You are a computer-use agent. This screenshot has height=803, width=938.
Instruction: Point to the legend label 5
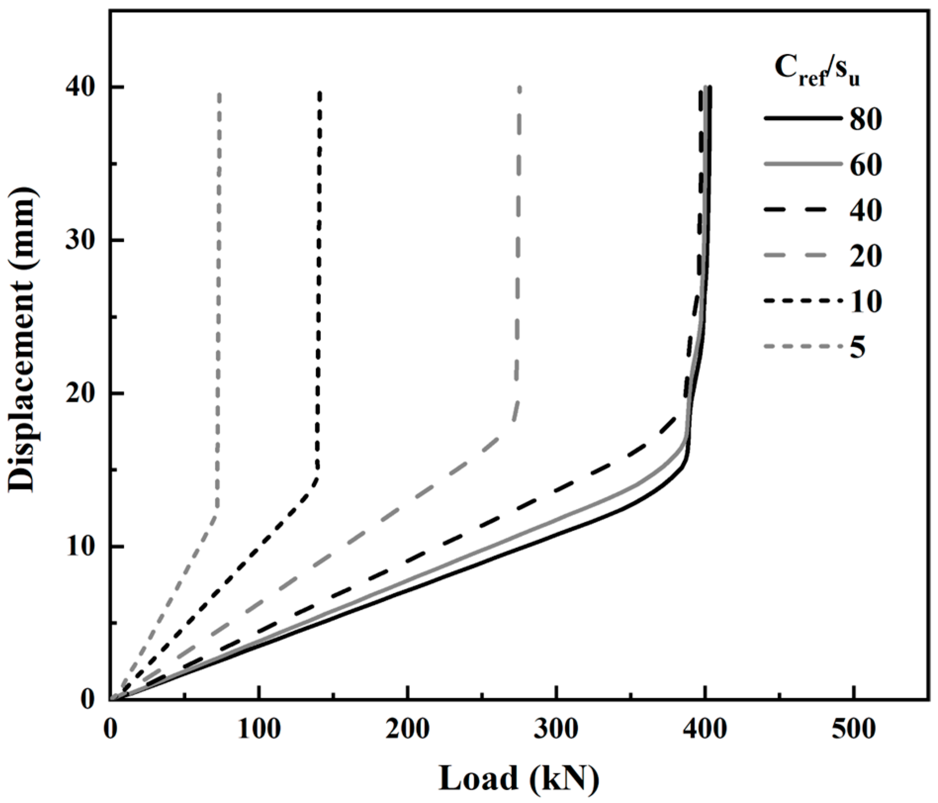coord(858,348)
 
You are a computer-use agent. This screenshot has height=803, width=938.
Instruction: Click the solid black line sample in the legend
coord(802,119)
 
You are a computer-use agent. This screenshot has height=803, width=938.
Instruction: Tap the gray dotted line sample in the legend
coord(802,347)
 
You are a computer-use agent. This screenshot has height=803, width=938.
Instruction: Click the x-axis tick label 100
coord(259,729)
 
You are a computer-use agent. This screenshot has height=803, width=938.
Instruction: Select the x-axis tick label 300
coord(556,729)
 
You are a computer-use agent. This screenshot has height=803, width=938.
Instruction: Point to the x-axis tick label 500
coord(854,729)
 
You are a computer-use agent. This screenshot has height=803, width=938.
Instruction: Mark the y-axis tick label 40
coord(81,87)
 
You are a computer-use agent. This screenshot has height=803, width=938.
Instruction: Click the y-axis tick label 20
coord(81,394)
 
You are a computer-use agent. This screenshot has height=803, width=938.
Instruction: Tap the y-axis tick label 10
coord(81,547)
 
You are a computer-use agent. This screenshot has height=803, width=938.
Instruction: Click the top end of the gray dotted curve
coord(219,93)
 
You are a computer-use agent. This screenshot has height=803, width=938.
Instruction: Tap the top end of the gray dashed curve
coord(519,88)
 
